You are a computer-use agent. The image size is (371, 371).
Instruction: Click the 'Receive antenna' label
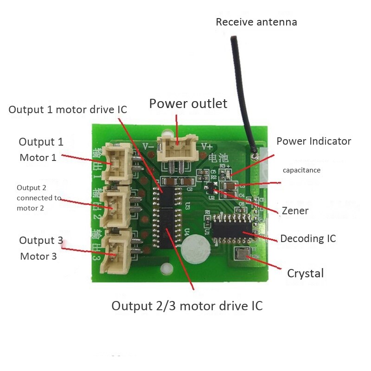click(x=256, y=22)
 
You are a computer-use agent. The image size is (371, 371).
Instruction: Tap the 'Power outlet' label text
click(x=188, y=103)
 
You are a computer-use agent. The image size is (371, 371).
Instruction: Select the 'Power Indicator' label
click(x=314, y=141)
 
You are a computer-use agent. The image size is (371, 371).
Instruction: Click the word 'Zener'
click(x=295, y=211)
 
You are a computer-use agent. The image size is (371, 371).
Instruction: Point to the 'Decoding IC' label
click(x=308, y=239)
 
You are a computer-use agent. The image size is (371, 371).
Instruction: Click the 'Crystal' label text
click(x=305, y=273)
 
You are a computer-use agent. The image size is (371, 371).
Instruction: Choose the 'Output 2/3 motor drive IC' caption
click(x=187, y=306)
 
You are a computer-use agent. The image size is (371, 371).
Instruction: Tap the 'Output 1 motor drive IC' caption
click(x=68, y=109)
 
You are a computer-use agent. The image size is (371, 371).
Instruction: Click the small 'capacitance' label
click(x=301, y=170)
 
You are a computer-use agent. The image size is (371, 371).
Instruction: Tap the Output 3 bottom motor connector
click(x=116, y=253)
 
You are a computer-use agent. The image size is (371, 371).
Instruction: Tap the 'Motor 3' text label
click(x=38, y=256)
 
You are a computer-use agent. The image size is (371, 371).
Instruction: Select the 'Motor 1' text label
click(x=38, y=158)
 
